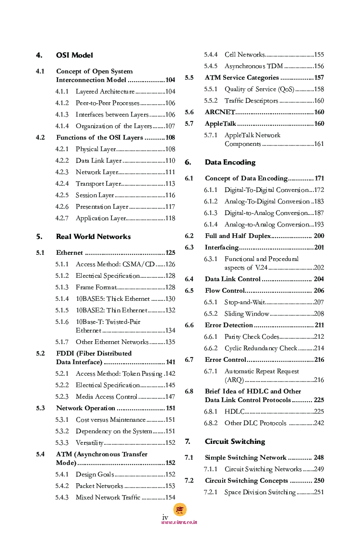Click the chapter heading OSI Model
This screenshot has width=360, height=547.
point(74,55)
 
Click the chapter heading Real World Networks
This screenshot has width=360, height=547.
point(93,237)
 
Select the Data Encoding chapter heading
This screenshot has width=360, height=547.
point(230,162)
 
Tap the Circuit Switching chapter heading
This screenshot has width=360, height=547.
point(235,441)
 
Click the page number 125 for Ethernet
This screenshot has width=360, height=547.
point(170,253)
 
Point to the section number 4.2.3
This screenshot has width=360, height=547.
point(62,172)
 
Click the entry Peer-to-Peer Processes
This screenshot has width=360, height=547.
point(107,103)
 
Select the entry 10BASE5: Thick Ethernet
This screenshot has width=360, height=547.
point(113,299)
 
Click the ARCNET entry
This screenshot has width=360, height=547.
point(220,112)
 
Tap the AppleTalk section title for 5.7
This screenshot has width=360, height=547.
point(220,124)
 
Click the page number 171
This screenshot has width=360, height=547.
point(319,178)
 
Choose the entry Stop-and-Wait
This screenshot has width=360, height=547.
point(244,302)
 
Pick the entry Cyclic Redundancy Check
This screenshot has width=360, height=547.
point(261,348)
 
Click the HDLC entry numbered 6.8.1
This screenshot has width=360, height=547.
point(234,412)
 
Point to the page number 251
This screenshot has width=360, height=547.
point(319,492)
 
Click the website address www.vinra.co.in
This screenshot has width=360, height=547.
point(180,522)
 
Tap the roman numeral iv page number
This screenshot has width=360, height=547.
point(165,517)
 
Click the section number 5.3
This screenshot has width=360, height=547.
point(40,408)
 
